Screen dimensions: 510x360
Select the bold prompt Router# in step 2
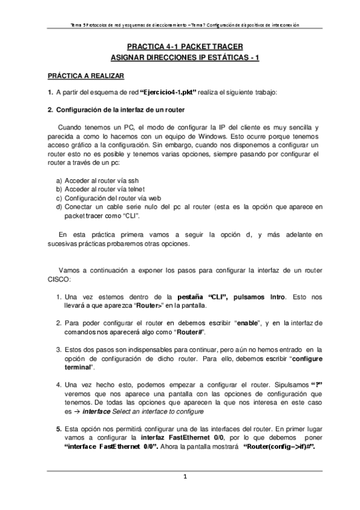pyautogui.click(x=192, y=332)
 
